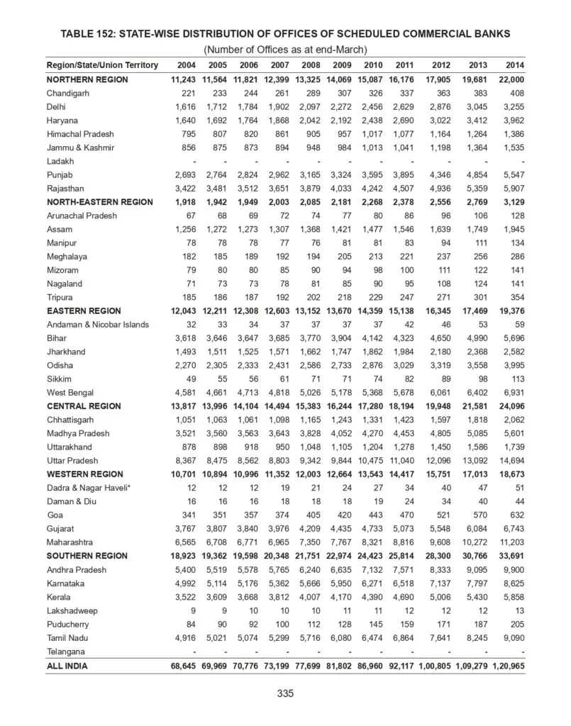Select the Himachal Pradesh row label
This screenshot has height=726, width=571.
[80, 134]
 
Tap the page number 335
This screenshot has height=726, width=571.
[285, 693]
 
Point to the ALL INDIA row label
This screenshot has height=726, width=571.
[68, 666]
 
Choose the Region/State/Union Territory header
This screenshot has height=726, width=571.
[102, 65]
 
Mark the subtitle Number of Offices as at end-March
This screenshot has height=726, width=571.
[285, 49]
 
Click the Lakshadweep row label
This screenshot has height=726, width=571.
[72, 611]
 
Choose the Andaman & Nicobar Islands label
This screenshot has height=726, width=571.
[98, 325]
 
